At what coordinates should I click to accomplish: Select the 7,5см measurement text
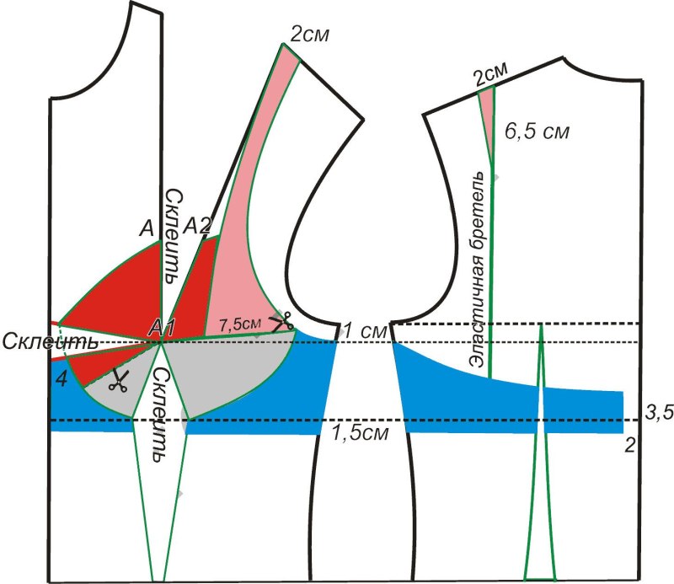click(x=238, y=324)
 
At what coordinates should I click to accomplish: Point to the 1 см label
click(x=360, y=331)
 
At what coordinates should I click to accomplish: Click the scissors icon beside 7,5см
click(x=280, y=321)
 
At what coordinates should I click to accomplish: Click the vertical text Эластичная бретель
click(x=478, y=270)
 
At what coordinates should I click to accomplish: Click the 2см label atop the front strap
click(x=308, y=35)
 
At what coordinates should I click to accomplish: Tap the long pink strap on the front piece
click(x=253, y=211)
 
